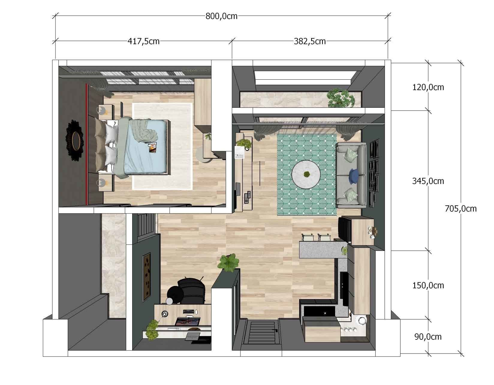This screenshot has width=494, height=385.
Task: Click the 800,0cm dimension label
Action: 221,16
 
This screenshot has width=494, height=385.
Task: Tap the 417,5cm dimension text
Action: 144,41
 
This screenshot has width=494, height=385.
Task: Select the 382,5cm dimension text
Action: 310,41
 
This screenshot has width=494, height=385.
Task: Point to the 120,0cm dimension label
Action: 428,87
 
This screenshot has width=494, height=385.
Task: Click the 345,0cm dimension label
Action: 428,181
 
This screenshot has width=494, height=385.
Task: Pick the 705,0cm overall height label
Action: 460,209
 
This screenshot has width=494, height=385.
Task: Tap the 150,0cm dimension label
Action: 428,285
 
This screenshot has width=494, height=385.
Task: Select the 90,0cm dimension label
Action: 428,337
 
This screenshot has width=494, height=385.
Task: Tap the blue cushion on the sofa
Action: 354,175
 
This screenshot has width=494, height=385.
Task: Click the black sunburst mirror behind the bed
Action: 74,140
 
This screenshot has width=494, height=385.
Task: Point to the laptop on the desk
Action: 188,322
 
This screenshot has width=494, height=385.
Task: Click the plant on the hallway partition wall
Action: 229,262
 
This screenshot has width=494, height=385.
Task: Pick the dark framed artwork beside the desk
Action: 146,277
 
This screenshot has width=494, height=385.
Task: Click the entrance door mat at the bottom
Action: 262,332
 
